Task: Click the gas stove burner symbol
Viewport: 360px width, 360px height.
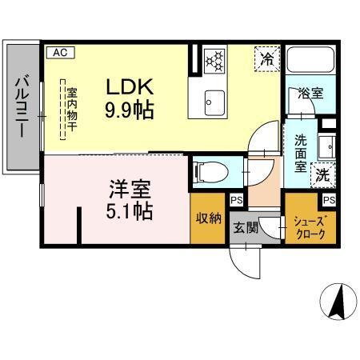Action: pyautogui.click(x=214, y=59)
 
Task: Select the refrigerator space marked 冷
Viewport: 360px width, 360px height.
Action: pyautogui.click(x=267, y=58)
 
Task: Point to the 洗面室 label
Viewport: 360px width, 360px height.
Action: pyautogui.click(x=301, y=153)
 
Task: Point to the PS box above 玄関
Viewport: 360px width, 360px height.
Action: pyautogui.click(x=237, y=201)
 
